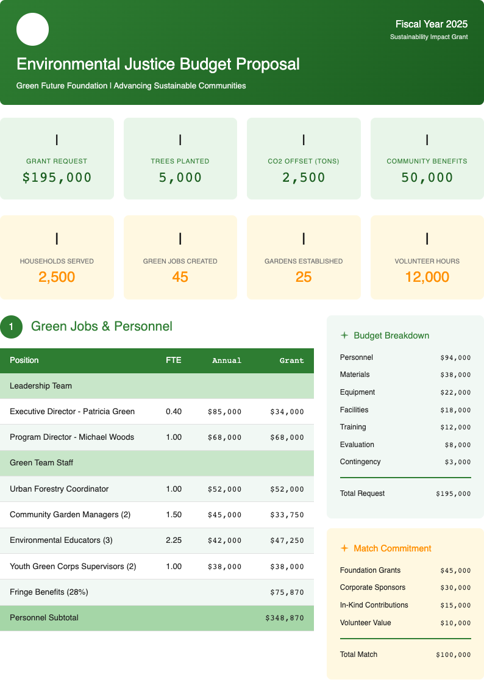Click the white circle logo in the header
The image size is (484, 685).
click(x=32, y=29)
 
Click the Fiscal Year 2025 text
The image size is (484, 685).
click(x=431, y=24)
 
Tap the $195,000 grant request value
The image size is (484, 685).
click(x=57, y=178)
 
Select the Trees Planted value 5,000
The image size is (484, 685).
click(x=180, y=178)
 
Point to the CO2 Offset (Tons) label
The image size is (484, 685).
click(x=304, y=161)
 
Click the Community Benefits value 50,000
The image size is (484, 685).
click(x=427, y=178)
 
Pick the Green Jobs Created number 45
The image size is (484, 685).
click(x=180, y=277)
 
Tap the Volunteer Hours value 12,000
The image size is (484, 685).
click(x=427, y=277)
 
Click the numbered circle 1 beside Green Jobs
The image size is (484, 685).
click(x=11, y=327)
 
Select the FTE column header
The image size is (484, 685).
click(x=173, y=360)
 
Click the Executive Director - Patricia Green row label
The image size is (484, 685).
click(x=72, y=412)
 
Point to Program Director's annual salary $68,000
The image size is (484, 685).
click(x=224, y=437)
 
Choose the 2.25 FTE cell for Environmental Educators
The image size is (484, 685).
click(x=174, y=540)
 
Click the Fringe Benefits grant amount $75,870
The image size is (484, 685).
click(x=286, y=592)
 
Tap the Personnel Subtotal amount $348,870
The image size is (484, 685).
click(x=284, y=618)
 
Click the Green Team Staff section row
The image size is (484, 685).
click(x=41, y=463)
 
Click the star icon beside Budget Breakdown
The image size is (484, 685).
click(x=344, y=335)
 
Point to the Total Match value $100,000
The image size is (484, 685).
click(x=453, y=655)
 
